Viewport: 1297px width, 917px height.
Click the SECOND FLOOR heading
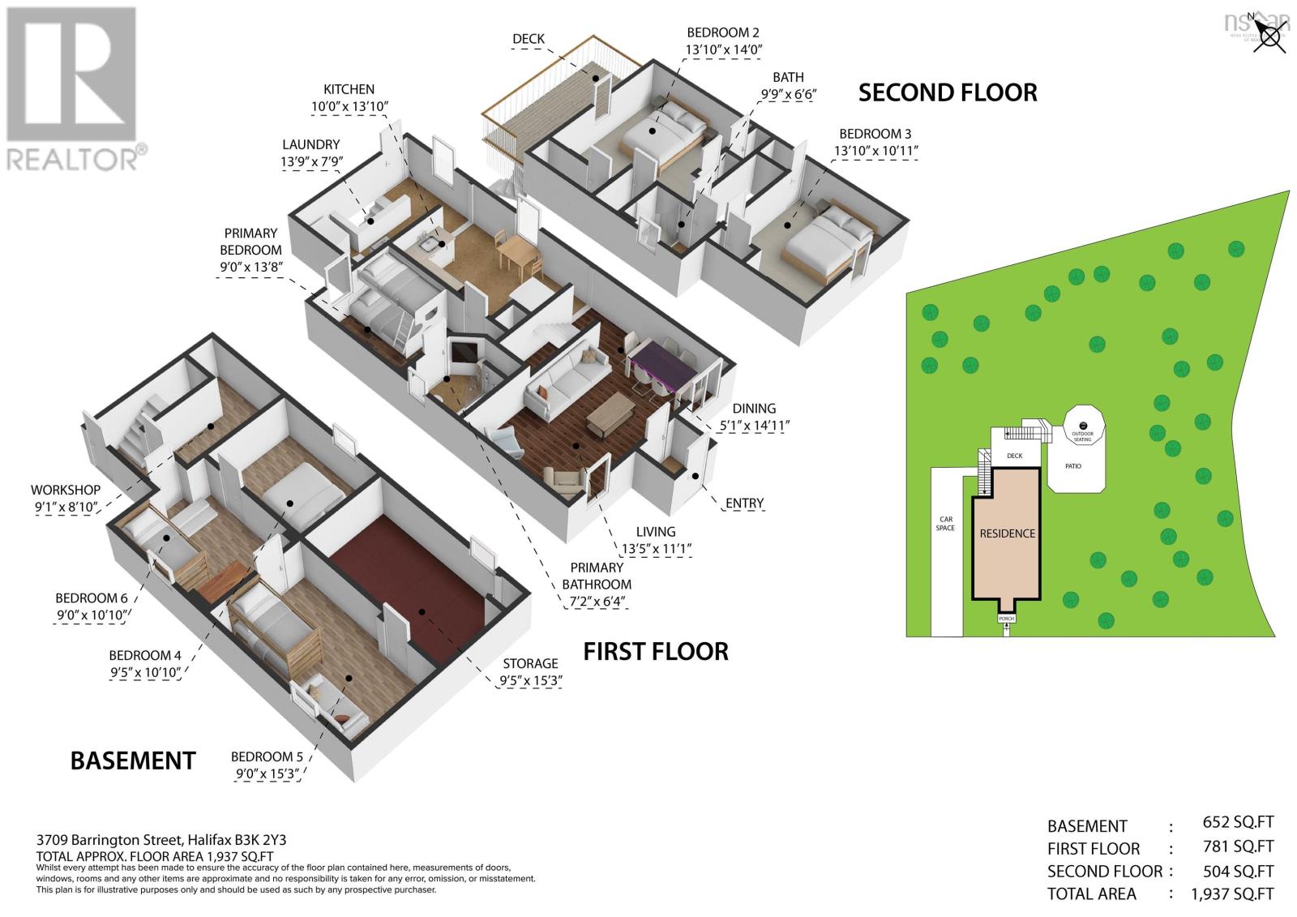(x=947, y=92)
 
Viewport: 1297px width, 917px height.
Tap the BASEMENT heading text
(x=133, y=761)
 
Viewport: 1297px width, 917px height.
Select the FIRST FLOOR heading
(x=656, y=650)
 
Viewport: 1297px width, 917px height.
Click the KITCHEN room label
(x=349, y=89)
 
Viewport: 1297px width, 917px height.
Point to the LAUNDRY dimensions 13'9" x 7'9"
(x=311, y=161)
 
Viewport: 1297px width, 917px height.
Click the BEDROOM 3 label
(x=869, y=134)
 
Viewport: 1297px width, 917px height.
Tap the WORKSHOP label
(x=66, y=490)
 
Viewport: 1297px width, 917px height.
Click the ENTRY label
(x=744, y=503)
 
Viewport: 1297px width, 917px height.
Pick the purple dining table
(x=661, y=366)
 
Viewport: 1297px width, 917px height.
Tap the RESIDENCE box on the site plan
(x=1007, y=533)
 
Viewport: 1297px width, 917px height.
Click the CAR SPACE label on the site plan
(x=945, y=523)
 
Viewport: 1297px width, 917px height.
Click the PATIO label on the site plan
(x=1072, y=466)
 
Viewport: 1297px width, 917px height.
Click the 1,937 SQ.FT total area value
(x=1231, y=893)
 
